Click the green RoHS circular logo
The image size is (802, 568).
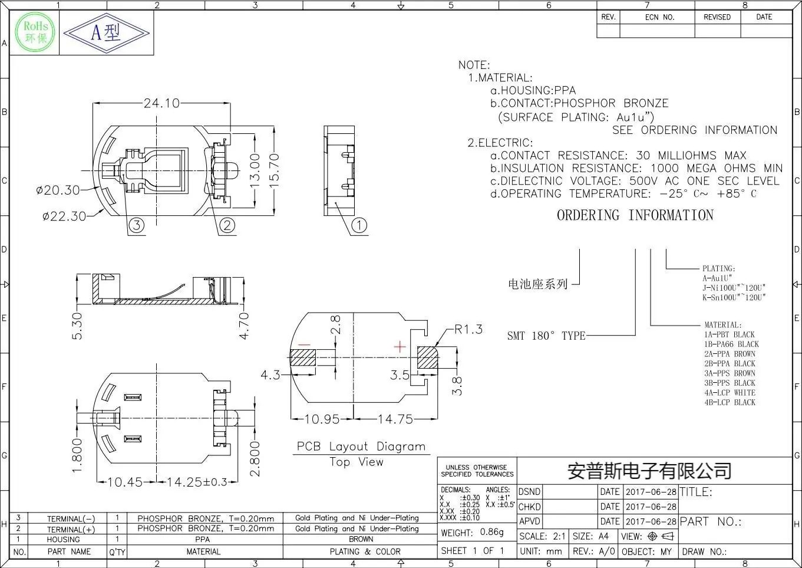[35, 32]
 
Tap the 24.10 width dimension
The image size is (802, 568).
[161, 103]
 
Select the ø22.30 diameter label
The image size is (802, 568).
[64, 216]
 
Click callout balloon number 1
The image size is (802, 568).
[359, 225]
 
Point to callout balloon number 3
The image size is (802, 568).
[136, 225]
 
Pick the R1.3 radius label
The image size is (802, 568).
[468, 329]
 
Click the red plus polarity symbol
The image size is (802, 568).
[400, 347]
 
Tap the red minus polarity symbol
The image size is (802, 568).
[304, 344]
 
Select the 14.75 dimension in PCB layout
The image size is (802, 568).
[395, 419]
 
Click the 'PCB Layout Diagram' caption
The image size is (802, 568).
[361, 446]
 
